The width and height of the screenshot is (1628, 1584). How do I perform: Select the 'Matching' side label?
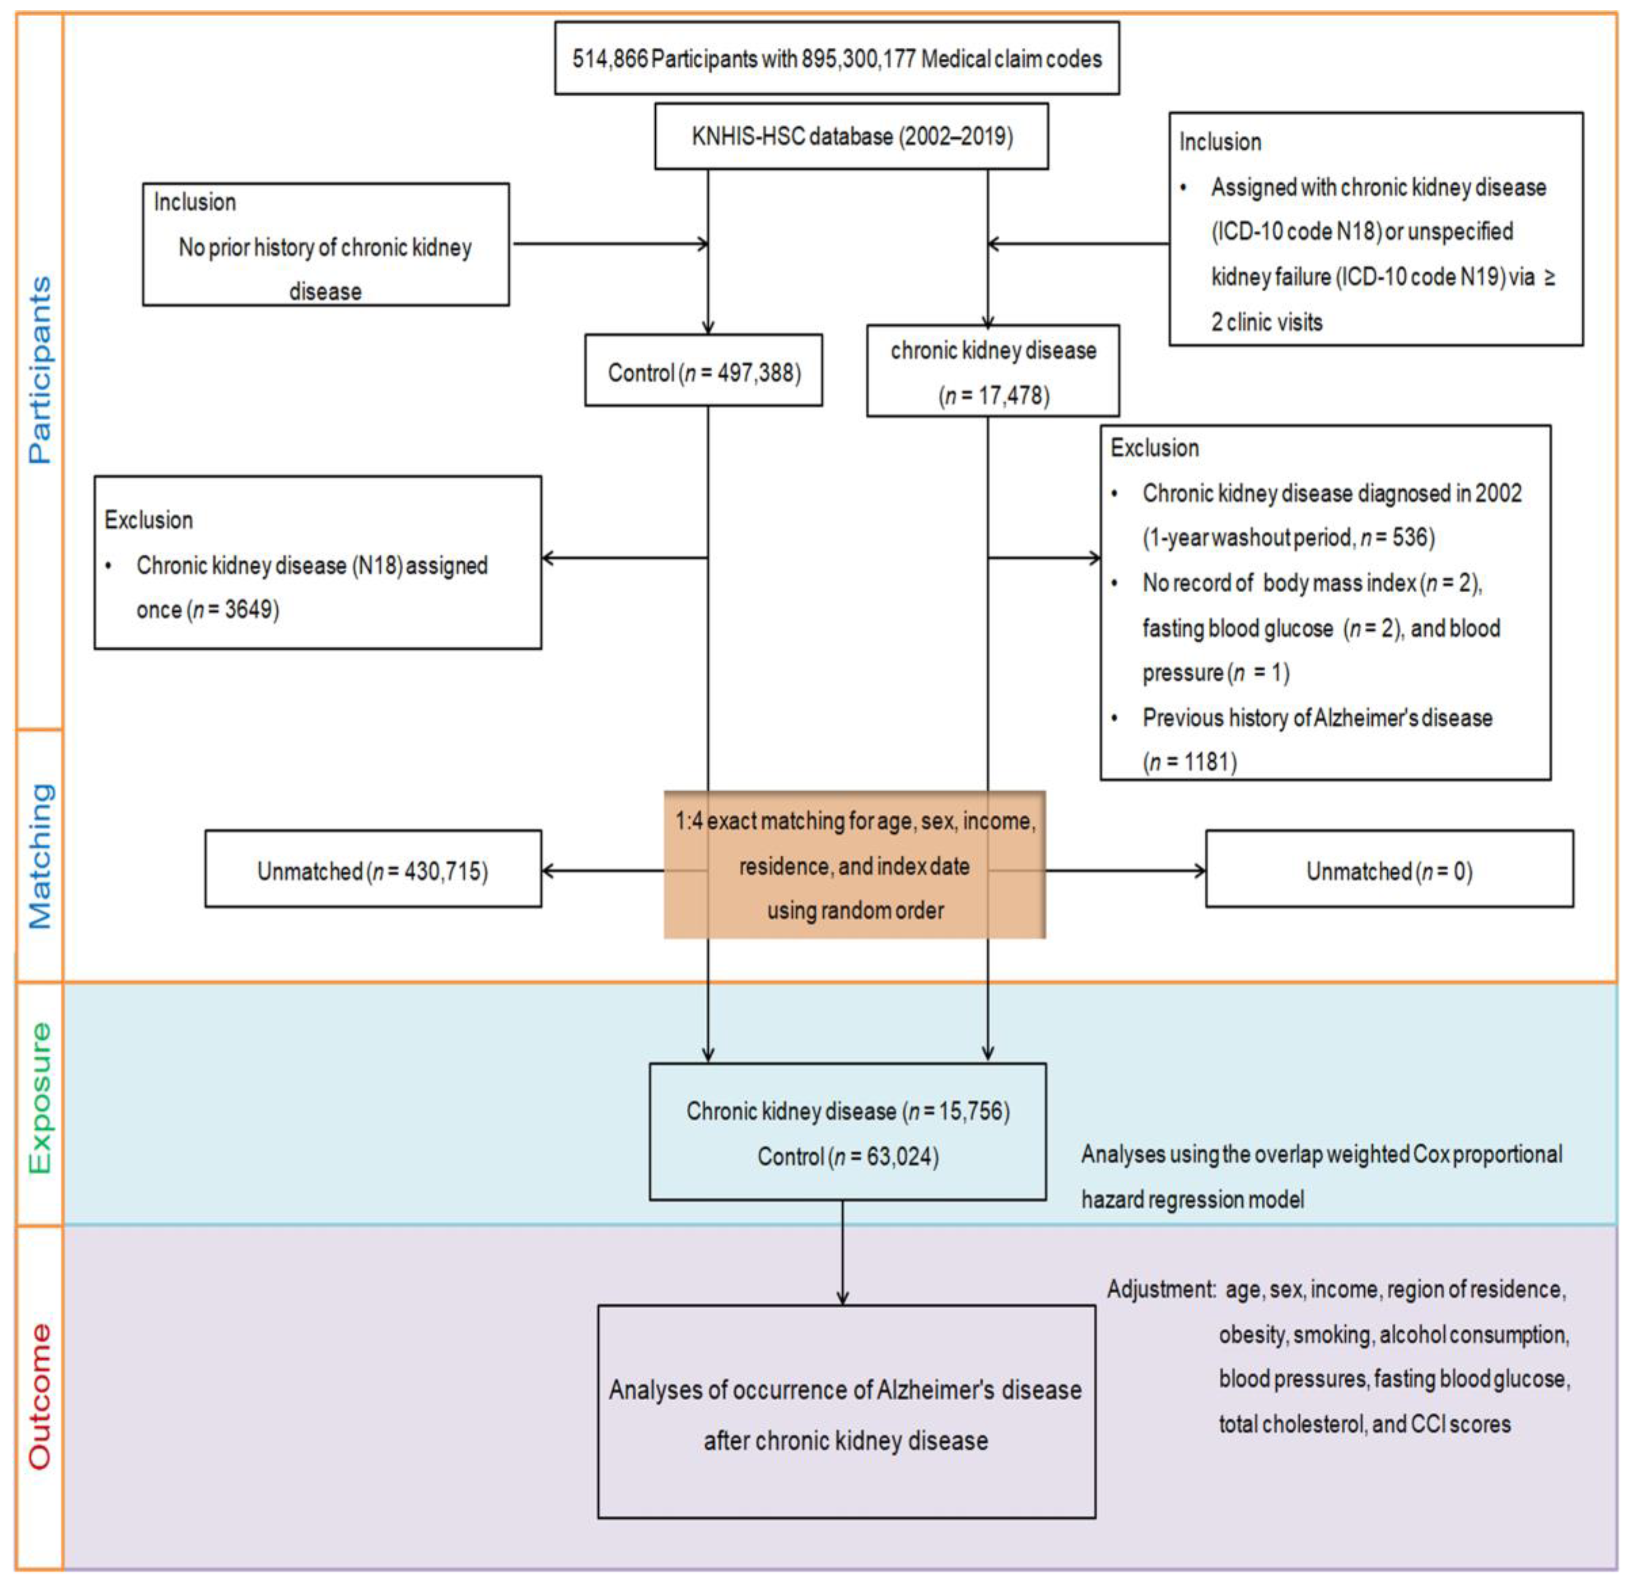tap(39, 855)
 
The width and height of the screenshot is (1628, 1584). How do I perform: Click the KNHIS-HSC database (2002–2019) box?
tap(851, 136)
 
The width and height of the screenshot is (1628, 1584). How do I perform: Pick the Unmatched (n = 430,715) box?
tap(373, 871)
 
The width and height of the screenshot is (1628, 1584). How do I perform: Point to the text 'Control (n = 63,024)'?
tap(847, 1157)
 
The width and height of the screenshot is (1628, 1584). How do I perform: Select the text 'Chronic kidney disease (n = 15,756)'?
tap(847, 1111)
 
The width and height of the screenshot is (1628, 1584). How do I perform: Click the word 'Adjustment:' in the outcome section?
tap(1161, 1290)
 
